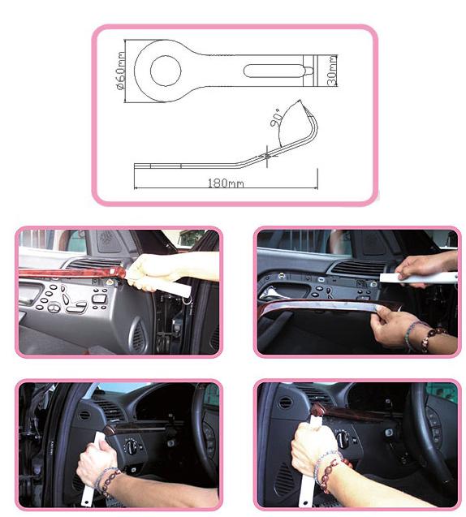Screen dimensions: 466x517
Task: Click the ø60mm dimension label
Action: click(x=121, y=71)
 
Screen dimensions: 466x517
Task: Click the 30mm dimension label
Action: click(x=332, y=71)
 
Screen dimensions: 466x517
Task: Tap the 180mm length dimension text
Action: click(x=226, y=183)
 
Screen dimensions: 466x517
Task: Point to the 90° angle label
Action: click(x=276, y=118)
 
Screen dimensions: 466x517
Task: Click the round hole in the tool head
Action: click(x=166, y=71)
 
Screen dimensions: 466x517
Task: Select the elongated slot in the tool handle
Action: click(x=273, y=71)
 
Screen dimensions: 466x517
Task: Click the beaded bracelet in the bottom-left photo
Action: click(x=108, y=481)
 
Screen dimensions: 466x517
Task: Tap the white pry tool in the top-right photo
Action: click(x=418, y=278)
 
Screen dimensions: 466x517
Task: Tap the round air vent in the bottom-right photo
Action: click(x=285, y=403)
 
